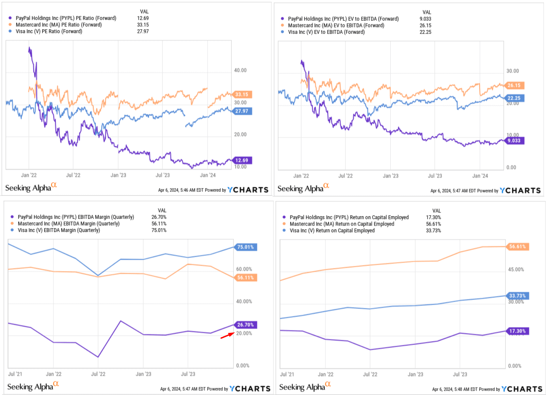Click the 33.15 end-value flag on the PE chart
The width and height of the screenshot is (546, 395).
(242, 95)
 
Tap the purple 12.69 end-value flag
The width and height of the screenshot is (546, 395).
(242, 160)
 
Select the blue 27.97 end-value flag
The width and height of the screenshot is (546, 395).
(242, 111)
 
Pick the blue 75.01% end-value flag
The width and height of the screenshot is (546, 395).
(245, 247)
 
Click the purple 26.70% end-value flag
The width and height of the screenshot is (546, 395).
(245, 325)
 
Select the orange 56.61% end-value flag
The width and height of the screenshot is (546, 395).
(517, 247)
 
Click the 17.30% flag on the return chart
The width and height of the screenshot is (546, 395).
(517, 331)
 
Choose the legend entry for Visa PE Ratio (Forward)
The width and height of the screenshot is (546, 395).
(49, 31)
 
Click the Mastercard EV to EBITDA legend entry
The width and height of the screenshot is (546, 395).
(336, 25)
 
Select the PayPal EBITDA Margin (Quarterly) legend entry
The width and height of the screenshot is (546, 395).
(76, 217)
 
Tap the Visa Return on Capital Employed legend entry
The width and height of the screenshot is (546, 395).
(332, 230)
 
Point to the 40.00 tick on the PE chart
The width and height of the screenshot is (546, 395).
(240, 70)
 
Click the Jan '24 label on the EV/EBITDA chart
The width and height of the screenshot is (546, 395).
(480, 176)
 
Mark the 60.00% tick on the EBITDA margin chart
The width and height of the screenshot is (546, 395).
(244, 269)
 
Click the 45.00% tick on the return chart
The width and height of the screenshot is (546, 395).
(516, 270)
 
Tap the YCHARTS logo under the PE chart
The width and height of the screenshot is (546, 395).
(248, 190)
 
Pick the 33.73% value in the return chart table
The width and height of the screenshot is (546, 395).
(433, 230)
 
